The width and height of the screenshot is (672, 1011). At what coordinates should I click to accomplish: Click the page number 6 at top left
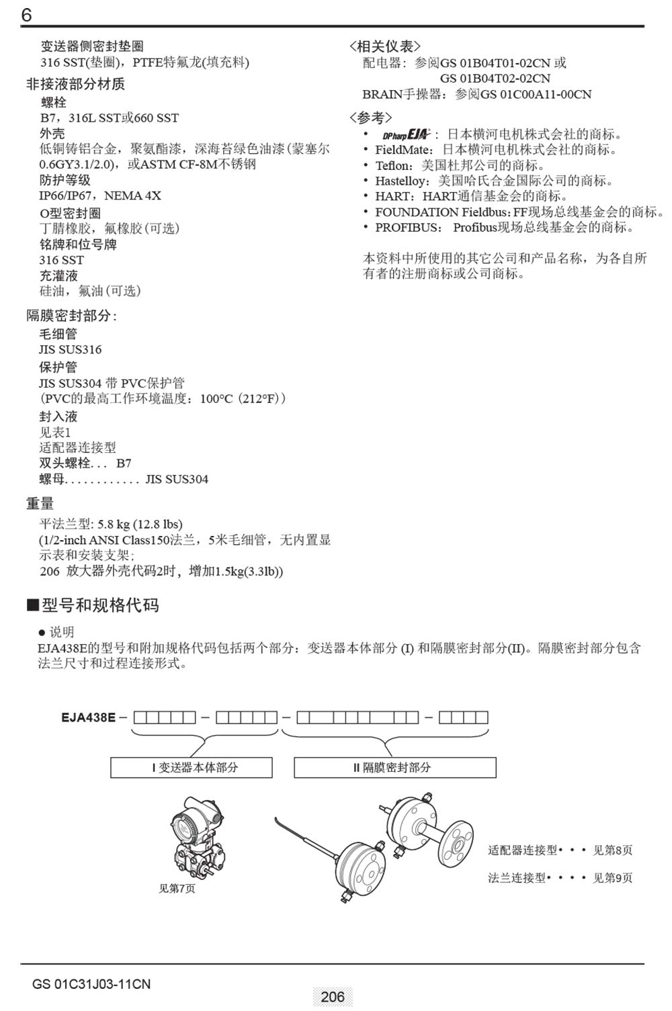click(x=26, y=15)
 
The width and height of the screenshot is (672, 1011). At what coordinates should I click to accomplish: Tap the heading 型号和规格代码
click(x=100, y=605)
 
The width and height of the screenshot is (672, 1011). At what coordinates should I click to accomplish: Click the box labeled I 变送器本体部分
click(x=192, y=767)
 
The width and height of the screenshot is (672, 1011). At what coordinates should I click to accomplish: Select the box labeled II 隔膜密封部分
click(x=395, y=767)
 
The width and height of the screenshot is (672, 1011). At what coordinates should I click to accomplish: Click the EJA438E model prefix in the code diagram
click(x=88, y=717)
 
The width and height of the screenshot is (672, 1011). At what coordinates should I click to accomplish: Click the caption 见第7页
click(x=177, y=888)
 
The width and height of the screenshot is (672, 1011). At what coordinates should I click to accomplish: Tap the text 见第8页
click(x=612, y=850)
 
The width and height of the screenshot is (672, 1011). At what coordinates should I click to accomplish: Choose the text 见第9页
click(x=612, y=877)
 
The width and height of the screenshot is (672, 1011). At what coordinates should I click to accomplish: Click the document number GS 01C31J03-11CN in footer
click(x=91, y=984)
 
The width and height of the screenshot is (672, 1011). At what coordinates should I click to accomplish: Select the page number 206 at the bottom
click(x=333, y=997)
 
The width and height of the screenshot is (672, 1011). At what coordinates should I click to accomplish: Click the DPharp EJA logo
click(x=406, y=134)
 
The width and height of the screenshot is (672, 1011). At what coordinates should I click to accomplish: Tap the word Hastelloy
click(x=401, y=181)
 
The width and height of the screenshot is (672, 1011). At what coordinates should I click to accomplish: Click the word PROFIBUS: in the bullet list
click(x=409, y=228)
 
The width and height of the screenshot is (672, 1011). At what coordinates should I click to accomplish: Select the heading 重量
click(x=40, y=503)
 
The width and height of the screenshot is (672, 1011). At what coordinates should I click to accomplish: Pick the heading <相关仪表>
click(x=385, y=46)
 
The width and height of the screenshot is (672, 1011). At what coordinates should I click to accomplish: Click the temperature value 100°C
click(x=216, y=399)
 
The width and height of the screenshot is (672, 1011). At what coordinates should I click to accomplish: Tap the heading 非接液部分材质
click(x=75, y=84)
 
